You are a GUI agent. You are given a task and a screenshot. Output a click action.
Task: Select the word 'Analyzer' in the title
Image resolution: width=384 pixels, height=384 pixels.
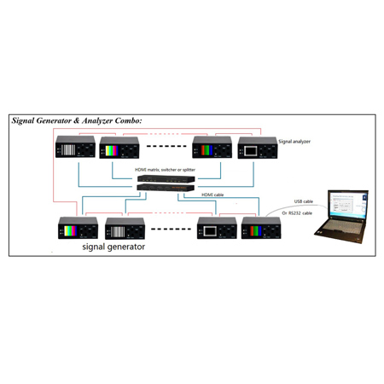point(96,121)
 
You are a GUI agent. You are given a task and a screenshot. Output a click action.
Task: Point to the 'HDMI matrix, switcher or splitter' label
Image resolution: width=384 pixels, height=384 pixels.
point(165,171)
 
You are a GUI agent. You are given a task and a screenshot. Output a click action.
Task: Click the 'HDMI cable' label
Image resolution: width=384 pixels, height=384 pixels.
point(213,195)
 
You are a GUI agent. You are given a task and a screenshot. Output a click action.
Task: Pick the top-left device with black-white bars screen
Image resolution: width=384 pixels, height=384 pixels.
point(73,148)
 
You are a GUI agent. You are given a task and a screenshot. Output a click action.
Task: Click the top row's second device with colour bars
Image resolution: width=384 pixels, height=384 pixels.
point(119,148)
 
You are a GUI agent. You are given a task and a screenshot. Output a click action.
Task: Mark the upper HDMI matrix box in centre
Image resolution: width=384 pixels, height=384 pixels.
point(165,181)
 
